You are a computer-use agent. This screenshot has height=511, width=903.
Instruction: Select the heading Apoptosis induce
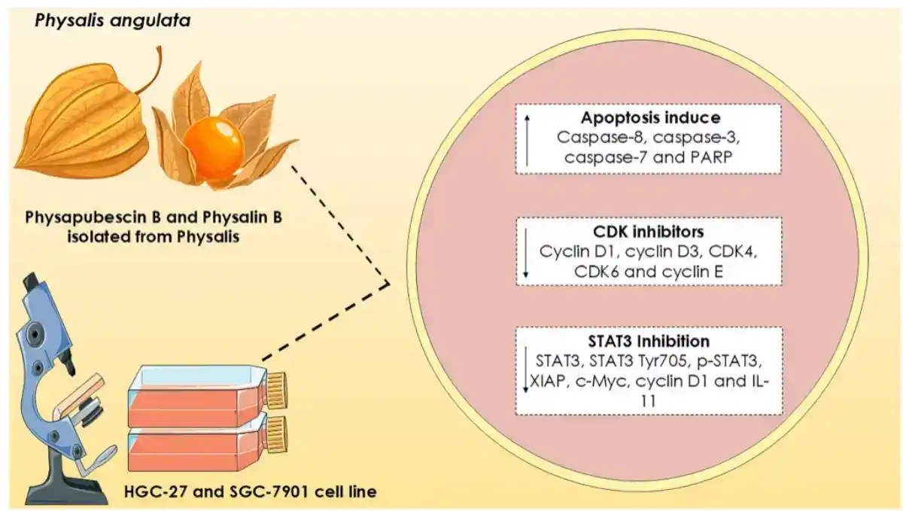point(651,119)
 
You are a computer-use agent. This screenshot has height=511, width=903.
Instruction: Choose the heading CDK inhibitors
point(651,231)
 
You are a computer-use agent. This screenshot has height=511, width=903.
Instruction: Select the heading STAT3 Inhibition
point(651,341)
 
